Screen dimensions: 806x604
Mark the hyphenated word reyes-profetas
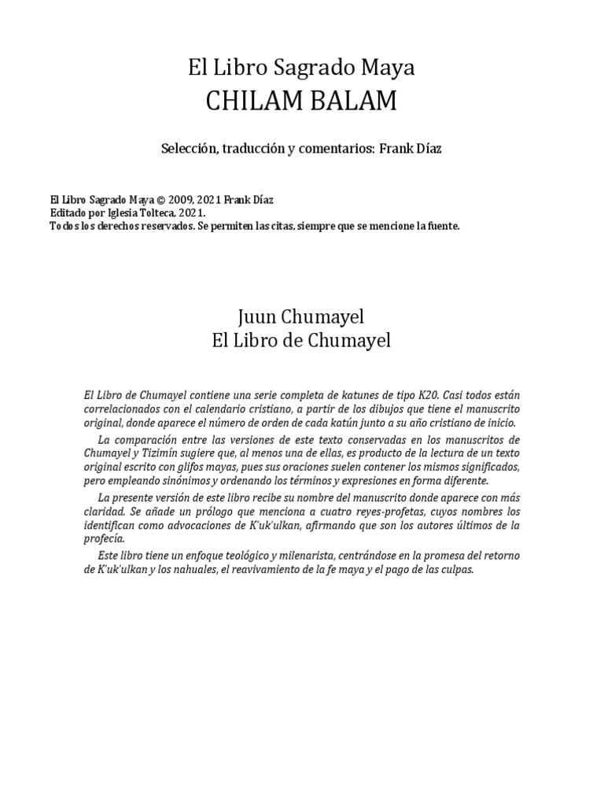point(375,512)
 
